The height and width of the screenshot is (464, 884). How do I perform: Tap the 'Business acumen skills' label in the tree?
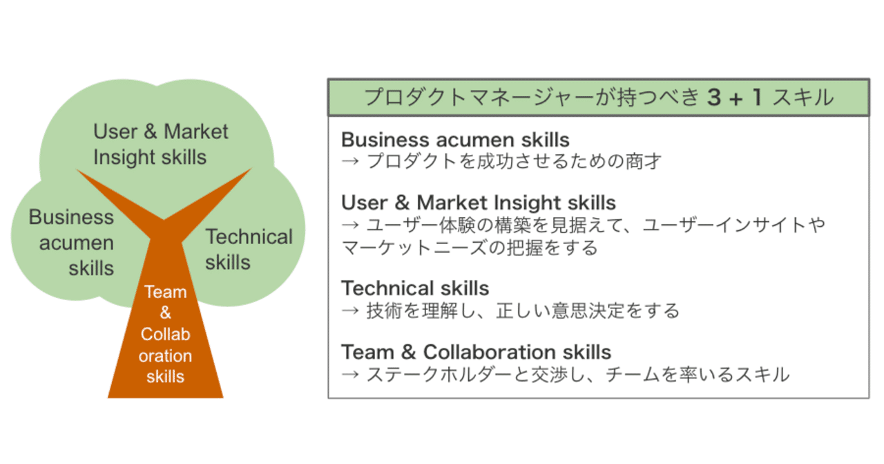tap(72, 242)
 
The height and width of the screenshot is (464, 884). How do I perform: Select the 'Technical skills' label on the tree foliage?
tap(249, 250)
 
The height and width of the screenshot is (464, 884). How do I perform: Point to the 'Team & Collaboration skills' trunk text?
tap(166, 334)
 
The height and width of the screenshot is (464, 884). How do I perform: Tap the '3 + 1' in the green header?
tap(735, 98)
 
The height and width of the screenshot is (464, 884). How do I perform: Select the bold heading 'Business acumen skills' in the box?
tap(455, 139)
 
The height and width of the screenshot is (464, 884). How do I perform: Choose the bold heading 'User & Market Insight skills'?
tap(479, 203)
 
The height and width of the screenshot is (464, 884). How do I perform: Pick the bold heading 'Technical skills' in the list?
tap(415, 288)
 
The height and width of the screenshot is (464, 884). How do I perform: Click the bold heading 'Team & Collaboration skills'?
tap(476, 352)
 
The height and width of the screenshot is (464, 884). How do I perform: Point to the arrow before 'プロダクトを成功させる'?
tap(350, 162)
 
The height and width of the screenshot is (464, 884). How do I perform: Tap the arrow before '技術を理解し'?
tap(350, 310)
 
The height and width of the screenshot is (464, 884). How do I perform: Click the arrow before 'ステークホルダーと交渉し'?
tap(350, 375)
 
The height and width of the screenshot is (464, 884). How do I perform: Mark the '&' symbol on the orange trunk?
tap(166, 313)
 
